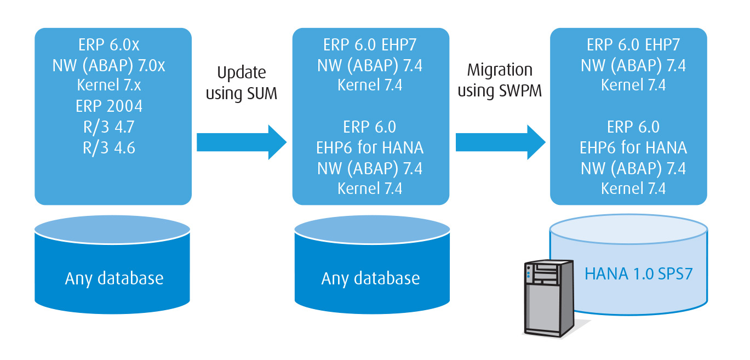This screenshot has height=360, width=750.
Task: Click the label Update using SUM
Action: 242,83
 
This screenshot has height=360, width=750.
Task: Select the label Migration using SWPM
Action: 500,80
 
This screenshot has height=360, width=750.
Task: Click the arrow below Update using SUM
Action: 242,142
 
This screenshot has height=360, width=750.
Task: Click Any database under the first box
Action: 114,278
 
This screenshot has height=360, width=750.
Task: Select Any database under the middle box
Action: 370,278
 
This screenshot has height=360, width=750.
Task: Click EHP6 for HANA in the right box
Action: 633,147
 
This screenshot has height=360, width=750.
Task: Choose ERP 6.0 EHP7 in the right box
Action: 633,45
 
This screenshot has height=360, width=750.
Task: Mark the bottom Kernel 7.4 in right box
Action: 633,188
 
